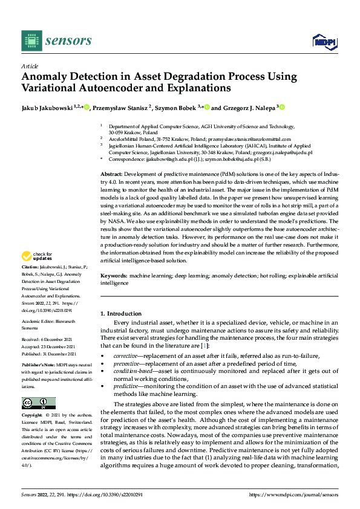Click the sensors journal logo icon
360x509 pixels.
(x=31, y=41)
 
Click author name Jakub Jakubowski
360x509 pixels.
(x=46, y=108)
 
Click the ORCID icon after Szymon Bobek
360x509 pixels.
(x=207, y=108)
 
